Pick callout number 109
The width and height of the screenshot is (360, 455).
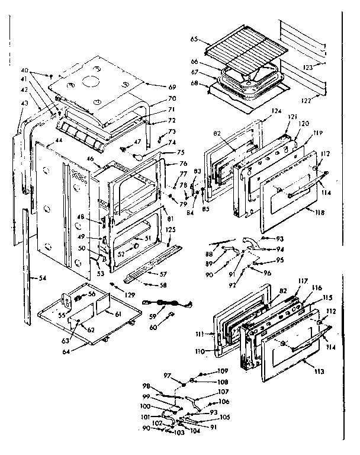(x=205, y=371)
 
